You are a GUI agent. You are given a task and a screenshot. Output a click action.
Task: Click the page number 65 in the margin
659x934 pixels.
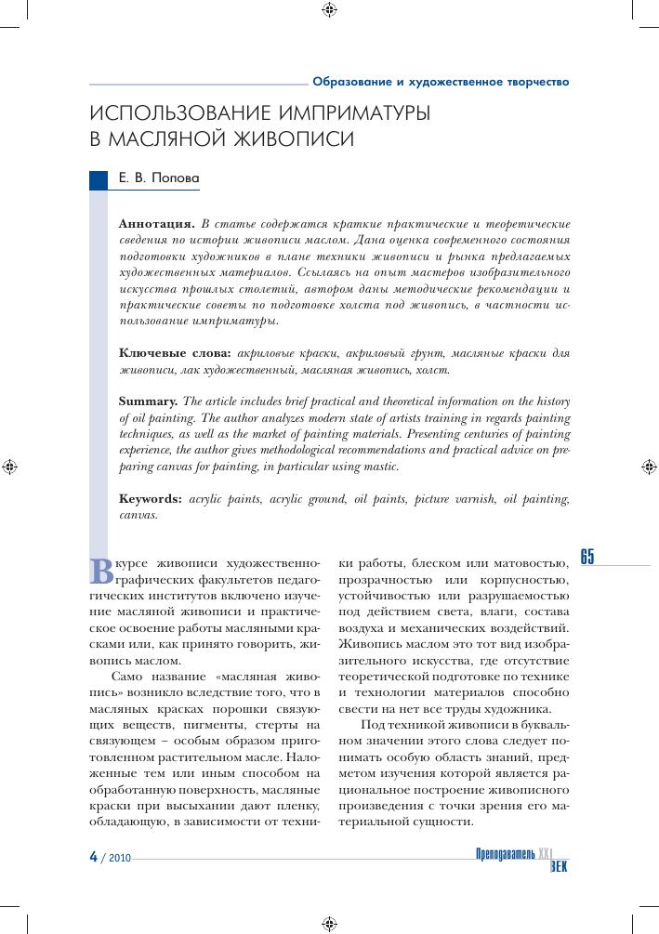(x=587, y=557)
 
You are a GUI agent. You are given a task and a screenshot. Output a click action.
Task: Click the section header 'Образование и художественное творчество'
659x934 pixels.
(x=441, y=82)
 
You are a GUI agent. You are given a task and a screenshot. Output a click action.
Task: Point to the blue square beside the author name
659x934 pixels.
(x=99, y=179)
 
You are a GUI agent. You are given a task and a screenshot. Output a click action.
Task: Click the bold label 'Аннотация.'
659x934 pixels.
(x=156, y=224)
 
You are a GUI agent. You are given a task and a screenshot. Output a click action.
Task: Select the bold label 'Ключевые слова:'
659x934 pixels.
(x=176, y=353)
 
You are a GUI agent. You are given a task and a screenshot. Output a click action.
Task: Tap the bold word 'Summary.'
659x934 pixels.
(x=148, y=402)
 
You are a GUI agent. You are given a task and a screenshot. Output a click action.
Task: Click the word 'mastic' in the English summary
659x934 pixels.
(x=380, y=467)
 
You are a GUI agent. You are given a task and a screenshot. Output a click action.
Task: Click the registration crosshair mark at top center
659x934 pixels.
(x=329, y=11)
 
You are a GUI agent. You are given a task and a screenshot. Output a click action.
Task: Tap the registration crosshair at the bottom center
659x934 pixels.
(x=329, y=923)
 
